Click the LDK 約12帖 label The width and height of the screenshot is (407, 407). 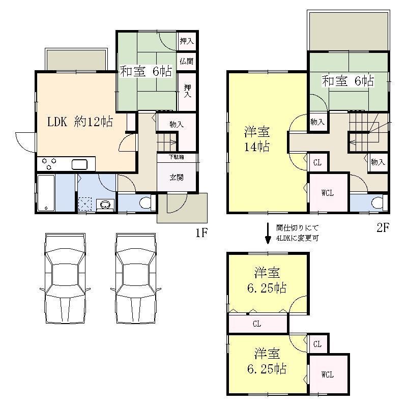80,122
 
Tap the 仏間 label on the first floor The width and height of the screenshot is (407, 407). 187,61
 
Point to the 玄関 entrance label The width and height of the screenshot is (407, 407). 177,178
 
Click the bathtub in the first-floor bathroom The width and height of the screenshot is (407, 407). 46,193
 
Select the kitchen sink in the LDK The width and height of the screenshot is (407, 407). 80,164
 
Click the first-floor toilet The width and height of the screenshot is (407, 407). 145,203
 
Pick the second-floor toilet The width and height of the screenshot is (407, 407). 377,203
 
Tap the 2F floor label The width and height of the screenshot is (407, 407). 383,228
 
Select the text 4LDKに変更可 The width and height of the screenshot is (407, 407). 298,237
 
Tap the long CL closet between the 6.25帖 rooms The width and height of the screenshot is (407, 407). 257,323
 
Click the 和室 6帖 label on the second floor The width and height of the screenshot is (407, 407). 347,80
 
